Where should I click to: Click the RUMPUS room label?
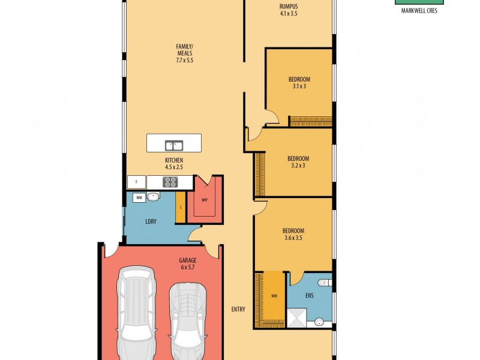point(289,10)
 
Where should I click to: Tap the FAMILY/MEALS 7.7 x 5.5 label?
point(184,53)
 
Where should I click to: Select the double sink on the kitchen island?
point(174,145)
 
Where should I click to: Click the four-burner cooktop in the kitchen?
point(171,182)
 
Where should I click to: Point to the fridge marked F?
point(137,182)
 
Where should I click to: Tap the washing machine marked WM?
point(139,197)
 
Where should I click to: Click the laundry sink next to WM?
point(154,196)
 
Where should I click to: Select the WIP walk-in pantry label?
point(205,200)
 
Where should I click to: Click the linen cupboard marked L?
point(181,208)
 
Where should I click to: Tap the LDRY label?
point(151,221)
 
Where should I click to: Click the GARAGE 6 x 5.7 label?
point(188,263)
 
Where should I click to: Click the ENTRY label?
point(238,309)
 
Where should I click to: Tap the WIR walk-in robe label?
point(274,296)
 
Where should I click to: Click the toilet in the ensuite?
point(325,283)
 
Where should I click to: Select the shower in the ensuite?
point(296,317)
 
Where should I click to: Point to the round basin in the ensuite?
point(319,322)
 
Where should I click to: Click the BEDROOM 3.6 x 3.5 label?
point(293,234)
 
